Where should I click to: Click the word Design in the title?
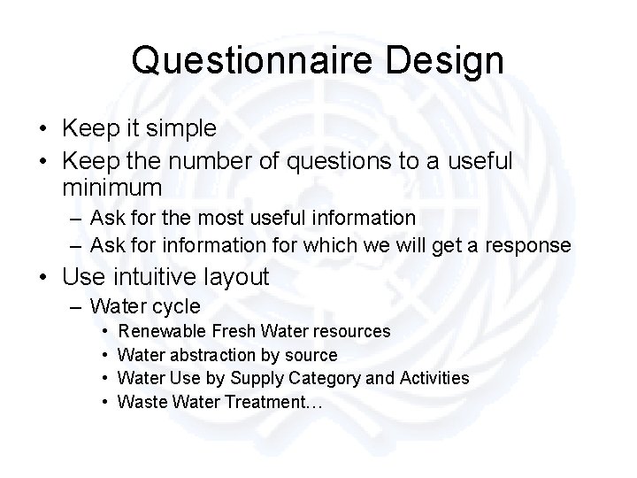click(x=450, y=60)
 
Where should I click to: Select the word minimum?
click(x=112, y=188)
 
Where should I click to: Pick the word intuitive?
click(x=159, y=277)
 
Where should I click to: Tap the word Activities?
click(x=434, y=379)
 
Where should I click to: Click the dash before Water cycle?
click(x=74, y=307)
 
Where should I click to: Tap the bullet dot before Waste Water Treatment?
click(x=104, y=403)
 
